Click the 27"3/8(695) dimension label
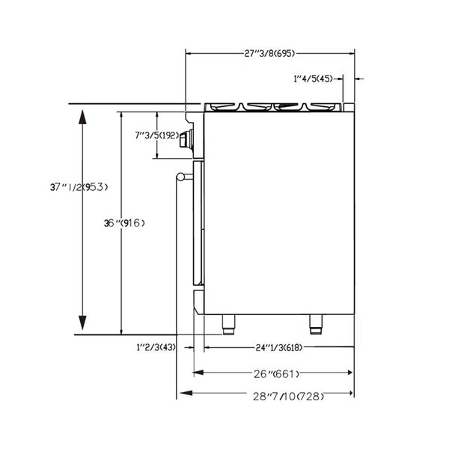click(269, 54)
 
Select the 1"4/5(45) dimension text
click(314, 79)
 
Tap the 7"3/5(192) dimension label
click(156, 135)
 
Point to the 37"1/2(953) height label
click(79, 187)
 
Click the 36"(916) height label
click(124, 223)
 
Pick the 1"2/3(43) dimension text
click(156, 347)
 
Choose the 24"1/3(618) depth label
click(279, 347)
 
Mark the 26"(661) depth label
click(276, 373)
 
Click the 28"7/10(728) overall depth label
click(288, 397)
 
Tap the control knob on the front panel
click(186, 139)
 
